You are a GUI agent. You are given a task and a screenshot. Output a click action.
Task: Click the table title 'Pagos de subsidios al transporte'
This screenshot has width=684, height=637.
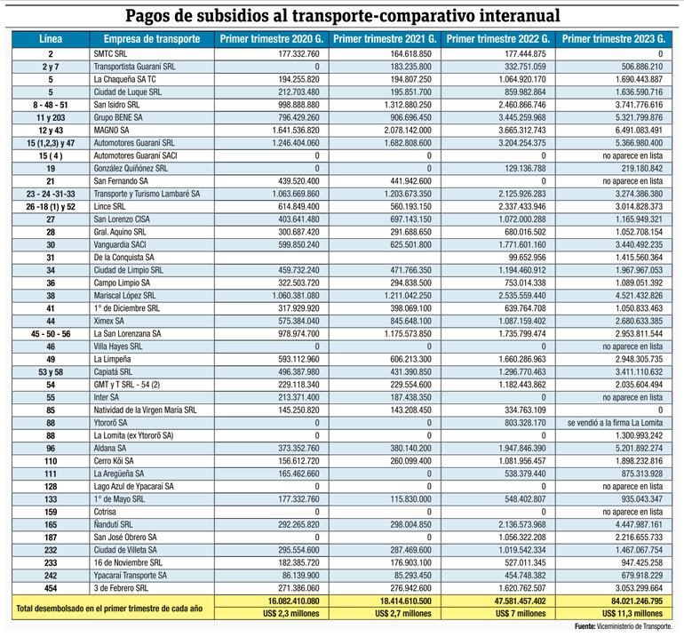tap(342, 15)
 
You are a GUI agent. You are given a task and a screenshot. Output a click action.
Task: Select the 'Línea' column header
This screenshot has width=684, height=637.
tap(50, 39)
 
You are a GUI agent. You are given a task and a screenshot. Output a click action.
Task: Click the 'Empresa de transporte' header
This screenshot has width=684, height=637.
tap(153, 39)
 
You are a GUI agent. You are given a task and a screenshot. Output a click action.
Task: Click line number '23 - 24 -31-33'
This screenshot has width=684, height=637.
tap(50, 193)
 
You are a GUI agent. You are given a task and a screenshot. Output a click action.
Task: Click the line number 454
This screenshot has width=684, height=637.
tap(50, 588)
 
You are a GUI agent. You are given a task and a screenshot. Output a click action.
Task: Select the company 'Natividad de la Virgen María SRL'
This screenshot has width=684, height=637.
tap(149, 410)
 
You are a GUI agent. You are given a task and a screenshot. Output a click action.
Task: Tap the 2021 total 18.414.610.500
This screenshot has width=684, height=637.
tap(397, 601)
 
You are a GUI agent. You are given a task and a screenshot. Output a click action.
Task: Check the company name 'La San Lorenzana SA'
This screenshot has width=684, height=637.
tap(132, 333)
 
